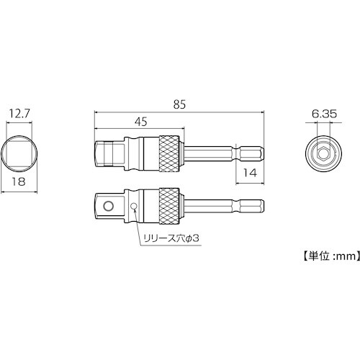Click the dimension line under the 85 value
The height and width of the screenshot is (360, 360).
pyautogui.click(x=180, y=112)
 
